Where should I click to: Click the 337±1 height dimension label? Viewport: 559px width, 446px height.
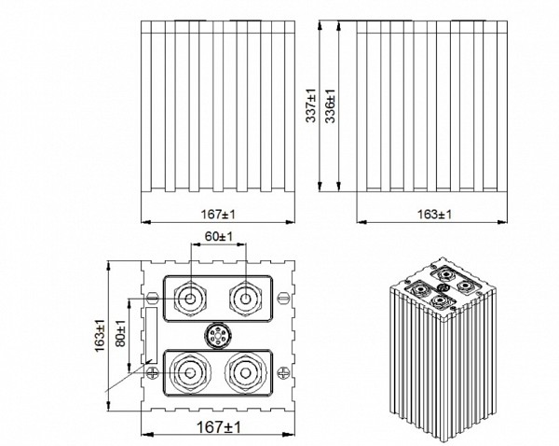point(311,105)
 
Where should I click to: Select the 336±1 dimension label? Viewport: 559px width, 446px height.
point(330,106)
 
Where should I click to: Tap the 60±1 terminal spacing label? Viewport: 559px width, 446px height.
point(219,236)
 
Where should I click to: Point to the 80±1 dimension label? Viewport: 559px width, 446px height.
point(121,333)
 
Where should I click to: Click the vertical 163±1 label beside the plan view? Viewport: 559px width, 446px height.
point(100,335)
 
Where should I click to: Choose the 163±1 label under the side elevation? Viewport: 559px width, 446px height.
point(434,215)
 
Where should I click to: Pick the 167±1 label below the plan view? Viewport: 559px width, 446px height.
point(219,427)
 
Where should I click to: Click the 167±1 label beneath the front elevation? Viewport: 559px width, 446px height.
point(218,215)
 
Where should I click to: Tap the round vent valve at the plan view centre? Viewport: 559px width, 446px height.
point(217,336)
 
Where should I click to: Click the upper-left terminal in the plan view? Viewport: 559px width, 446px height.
point(190,299)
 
